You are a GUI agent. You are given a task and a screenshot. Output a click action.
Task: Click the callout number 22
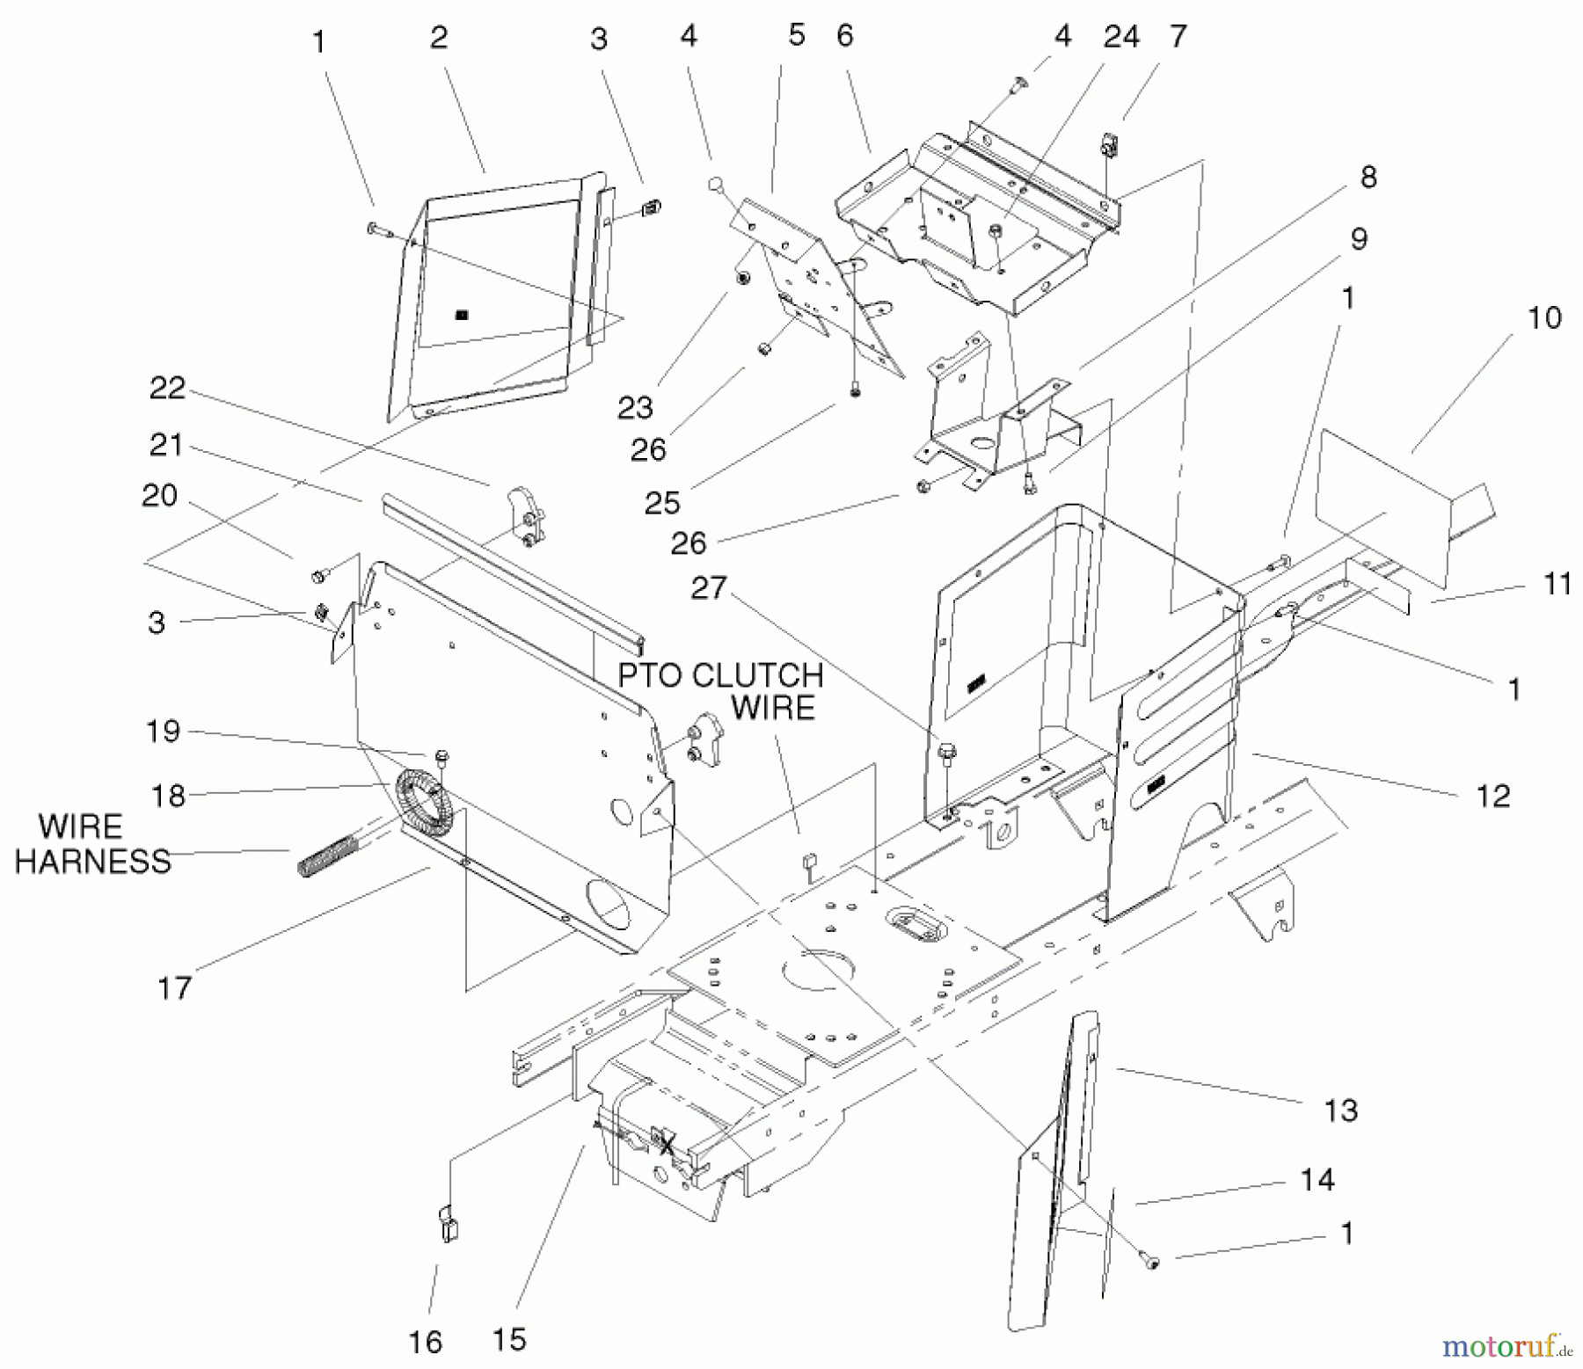[167, 388]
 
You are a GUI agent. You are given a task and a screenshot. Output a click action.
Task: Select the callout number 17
[174, 987]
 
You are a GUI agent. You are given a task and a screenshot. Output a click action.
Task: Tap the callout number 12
[1493, 796]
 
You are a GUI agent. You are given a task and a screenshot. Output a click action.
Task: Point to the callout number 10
[1544, 317]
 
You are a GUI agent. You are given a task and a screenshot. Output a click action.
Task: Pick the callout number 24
[1121, 37]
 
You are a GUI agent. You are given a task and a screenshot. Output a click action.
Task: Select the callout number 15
[509, 1339]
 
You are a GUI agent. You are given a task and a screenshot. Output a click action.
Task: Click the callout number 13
[1341, 1110]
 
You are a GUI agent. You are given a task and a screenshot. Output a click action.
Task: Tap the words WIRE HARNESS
[92, 844]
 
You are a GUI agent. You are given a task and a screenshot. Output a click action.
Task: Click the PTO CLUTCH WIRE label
[721, 691]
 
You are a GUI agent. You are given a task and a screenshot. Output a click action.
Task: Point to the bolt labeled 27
[946, 753]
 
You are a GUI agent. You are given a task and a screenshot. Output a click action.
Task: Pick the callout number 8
[1368, 177]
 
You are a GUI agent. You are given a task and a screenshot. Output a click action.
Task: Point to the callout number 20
[159, 496]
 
